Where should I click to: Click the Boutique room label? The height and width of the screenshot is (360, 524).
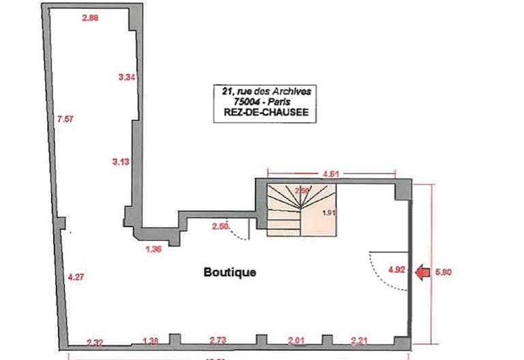[x=230, y=272]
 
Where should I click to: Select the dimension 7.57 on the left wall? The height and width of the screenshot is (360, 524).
[x=65, y=119]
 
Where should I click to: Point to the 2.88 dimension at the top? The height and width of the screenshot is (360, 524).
[x=91, y=18]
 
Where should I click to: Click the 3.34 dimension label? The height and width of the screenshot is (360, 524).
[x=127, y=78]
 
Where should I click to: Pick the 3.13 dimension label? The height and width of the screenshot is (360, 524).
[x=120, y=161]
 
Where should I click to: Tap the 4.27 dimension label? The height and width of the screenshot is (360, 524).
[x=75, y=277]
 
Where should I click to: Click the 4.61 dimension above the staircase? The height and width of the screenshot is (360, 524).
[x=330, y=174]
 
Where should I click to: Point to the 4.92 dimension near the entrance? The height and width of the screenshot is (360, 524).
[x=396, y=269]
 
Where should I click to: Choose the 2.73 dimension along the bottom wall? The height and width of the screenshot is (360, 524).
[x=218, y=340]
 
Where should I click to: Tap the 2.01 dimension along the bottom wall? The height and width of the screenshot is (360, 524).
[x=295, y=340]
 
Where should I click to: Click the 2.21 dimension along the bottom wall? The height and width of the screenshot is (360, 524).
[x=360, y=340]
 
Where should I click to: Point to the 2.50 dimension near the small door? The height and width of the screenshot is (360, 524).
[x=220, y=226]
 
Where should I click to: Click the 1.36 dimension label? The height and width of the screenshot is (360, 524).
[x=154, y=249]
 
